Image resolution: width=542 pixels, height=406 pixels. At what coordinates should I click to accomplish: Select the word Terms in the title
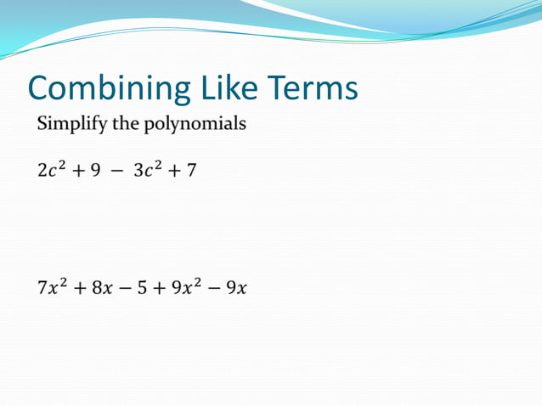[313, 88]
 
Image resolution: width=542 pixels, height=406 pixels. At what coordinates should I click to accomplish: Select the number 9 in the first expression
[95, 171]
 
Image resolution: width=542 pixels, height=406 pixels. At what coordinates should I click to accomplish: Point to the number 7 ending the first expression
[192, 171]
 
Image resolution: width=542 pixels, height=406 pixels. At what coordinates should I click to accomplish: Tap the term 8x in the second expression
[102, 288]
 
